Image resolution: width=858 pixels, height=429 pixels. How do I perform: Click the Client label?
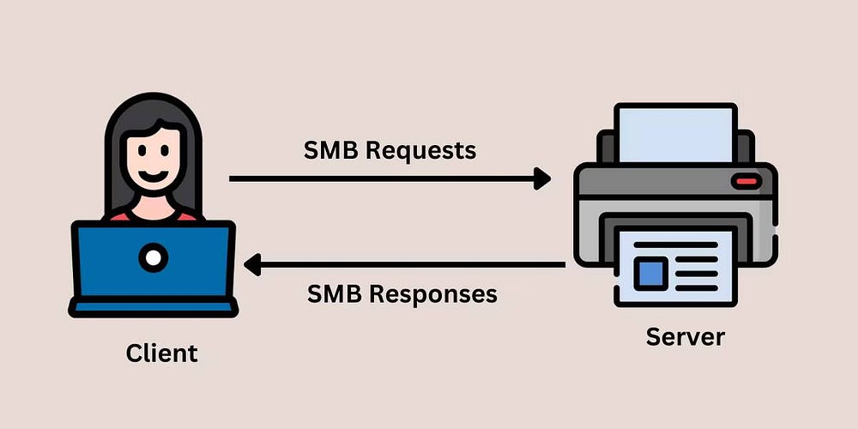point(161,353)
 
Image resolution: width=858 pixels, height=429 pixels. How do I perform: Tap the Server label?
point(685,336)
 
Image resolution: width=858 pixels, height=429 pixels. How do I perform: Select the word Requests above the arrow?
point(420,151)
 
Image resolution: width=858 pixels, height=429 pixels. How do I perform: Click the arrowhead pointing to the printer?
point(542,178)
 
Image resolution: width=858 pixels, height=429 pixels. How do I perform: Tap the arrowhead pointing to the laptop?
point(252,265)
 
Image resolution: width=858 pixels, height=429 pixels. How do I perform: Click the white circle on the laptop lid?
point(154,256)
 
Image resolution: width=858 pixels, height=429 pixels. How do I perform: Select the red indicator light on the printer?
point(746,181)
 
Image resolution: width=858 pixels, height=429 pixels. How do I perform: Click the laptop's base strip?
point(153,306)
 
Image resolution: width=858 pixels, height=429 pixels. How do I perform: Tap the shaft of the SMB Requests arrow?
point(378,178)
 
